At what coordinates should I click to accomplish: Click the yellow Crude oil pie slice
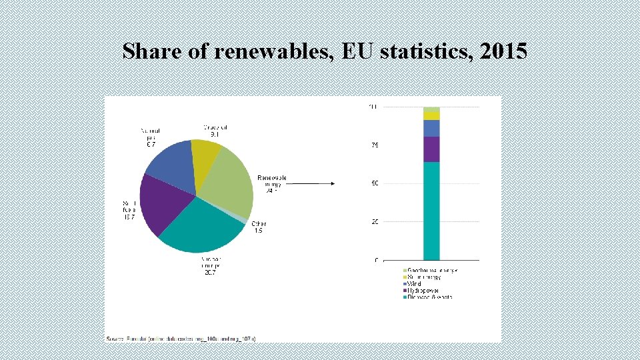point(205,155)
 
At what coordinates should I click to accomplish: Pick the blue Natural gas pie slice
point(171,166)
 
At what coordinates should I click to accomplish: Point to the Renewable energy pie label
point(272,184)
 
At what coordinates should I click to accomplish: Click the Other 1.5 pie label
point(259,227)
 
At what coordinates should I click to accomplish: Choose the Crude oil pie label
point(215,130)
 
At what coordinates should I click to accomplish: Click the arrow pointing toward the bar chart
point(313,183)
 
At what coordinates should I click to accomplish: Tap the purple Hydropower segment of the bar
point(431,149)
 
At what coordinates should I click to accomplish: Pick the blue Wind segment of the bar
point(431,128)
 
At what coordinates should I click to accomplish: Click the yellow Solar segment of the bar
point(431,115)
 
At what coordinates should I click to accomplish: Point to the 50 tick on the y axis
point(375,183)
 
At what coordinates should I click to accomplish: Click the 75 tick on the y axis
point(375,145)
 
